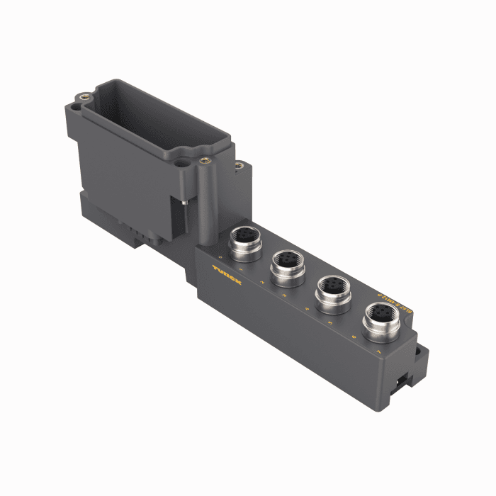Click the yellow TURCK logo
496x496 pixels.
[x=227, y=276]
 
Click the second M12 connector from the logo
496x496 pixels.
[x=288, y=265]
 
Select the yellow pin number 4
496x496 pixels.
[x=306, y=310]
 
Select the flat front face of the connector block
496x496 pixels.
[x=283, y=326]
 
